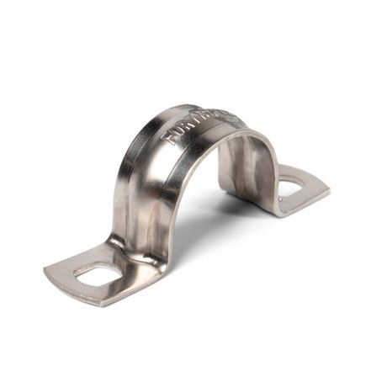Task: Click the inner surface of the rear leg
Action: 244,168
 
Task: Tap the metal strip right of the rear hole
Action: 313,190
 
